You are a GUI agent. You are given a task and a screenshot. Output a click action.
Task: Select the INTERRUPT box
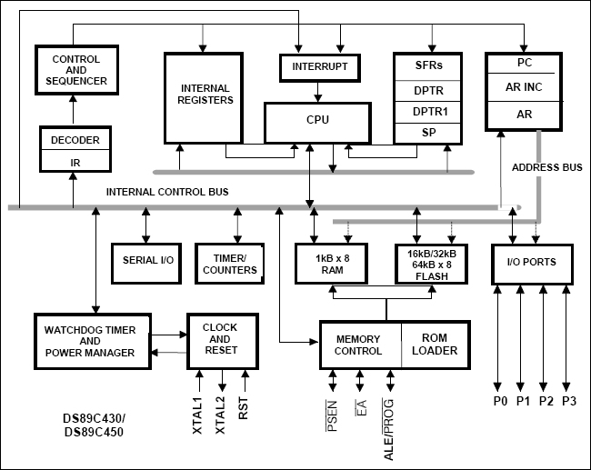tap(318, 68)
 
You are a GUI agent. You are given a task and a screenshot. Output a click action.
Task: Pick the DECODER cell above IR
tap(76, 140)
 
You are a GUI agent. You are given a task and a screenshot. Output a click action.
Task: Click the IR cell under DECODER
tap(76, 161)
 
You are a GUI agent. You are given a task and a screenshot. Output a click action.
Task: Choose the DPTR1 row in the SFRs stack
tap(429, 110)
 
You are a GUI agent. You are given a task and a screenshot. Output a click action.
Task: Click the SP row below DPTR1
tap(429, 132)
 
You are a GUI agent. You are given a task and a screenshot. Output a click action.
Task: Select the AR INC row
tap(525, 89)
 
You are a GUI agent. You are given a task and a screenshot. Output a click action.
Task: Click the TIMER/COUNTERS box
tap(229, 264)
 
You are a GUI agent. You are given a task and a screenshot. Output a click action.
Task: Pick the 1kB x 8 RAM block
tap(331, 264)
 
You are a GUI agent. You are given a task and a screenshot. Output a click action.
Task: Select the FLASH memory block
tap(432, 264)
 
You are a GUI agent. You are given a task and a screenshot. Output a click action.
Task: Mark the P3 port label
tap(569, 401)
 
